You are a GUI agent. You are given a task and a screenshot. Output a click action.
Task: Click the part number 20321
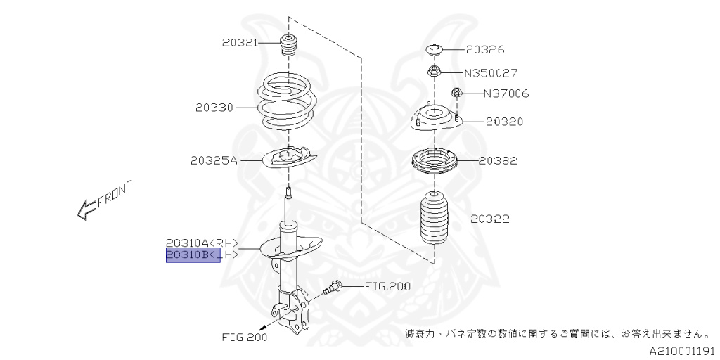coord(240,43)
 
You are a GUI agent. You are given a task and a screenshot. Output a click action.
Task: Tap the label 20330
coord(214,108)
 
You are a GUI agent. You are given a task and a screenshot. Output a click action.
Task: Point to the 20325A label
coord(214,160)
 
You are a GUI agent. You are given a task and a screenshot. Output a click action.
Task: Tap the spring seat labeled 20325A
coord(288,159)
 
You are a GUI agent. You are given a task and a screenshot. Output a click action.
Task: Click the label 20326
coord(485,50)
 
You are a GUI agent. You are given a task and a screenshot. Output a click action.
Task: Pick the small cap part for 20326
coord(435,50)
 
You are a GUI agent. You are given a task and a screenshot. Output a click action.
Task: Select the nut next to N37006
coord(456,92)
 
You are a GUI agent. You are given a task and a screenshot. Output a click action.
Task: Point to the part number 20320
coord(504,121)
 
